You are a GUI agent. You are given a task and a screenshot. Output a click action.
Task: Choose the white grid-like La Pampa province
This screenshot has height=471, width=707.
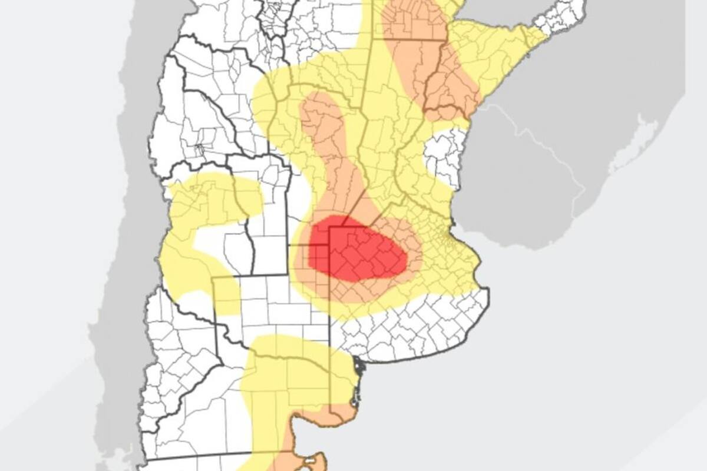point(271,306)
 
